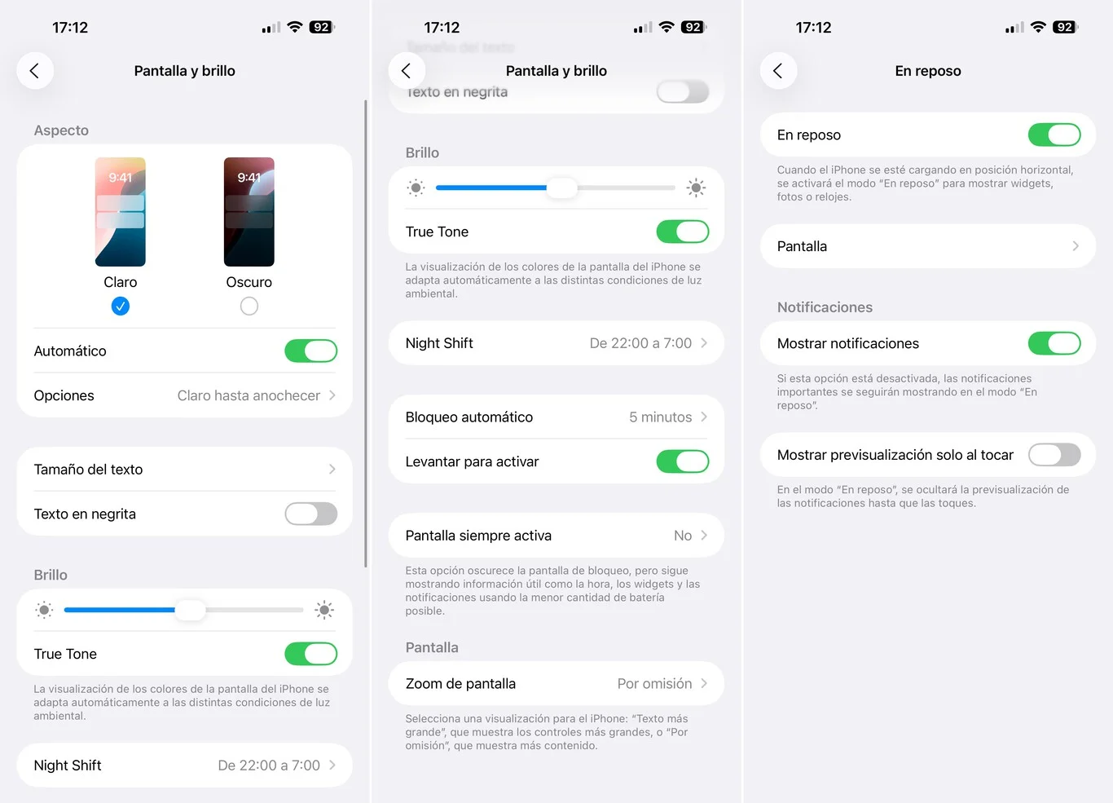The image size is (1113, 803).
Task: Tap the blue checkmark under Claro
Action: click(x=121, y=307)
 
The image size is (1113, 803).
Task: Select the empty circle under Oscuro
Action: click(x=249, y=307)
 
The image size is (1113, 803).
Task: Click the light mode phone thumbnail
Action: click(x=121, y=212)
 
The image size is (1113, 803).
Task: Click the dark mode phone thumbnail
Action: click(x=249, y=212)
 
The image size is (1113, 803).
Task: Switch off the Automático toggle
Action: click(x=311, y=351)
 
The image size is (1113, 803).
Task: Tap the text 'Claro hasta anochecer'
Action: click(x=249, y=395)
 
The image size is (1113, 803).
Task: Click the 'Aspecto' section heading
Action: click(x=61, y=130)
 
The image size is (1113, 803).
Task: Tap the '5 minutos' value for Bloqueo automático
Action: click(x=660, y=417)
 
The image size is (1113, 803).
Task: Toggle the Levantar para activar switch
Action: click(x=683, y=461)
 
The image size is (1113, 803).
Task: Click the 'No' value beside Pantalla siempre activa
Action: click(x=683, y=536)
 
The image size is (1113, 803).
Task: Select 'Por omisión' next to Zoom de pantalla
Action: click(x=654, y=684)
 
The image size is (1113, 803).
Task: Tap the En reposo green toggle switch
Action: click(x=1054, y=135)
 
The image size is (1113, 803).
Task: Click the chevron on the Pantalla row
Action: click(x=1076, y=246)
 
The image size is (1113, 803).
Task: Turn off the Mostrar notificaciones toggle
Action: click(x=1054, y=343)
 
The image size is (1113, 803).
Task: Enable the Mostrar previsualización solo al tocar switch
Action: click(x=1054, y=455)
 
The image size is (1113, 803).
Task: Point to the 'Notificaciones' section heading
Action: click(x=825, y=307)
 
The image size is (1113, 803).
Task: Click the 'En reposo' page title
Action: click(x=928, y=71)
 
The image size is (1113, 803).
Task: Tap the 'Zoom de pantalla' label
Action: click(x=460, y=684)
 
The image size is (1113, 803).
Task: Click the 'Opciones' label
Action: click(x=64, y=395)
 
